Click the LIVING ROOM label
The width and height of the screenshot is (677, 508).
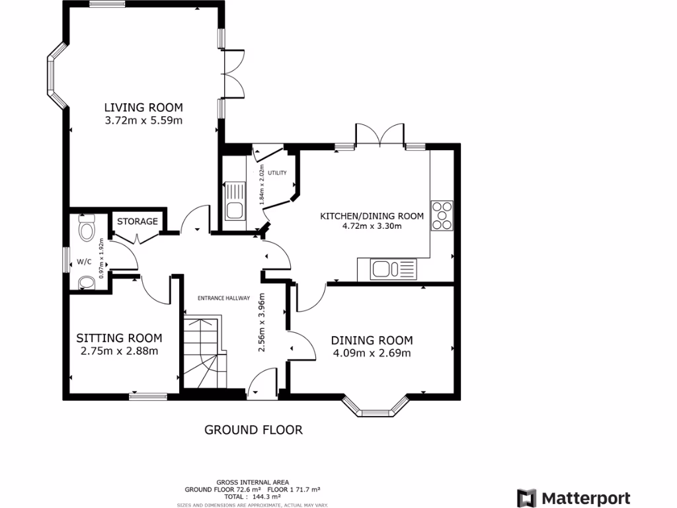[143, 107]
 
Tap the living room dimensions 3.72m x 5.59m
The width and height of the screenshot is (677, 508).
[143, 120]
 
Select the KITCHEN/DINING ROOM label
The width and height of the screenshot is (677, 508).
[372, 216]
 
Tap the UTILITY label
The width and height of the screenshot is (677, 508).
[277, 173]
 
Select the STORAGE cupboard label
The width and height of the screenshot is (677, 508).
[138, 221]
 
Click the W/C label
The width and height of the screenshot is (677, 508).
[84, 262]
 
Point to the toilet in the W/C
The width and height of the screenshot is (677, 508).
[87, 230]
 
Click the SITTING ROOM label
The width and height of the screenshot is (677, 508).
[119, 338]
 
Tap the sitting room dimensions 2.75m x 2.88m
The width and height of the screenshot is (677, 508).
[119, 351]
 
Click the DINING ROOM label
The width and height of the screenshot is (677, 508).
[372, 340]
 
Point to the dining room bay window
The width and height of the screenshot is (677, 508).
[376, 407]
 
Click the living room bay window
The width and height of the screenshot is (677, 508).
[56, 74]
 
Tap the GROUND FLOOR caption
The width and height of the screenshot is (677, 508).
[253, 430]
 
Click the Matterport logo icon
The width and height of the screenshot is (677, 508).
[526, 498]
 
